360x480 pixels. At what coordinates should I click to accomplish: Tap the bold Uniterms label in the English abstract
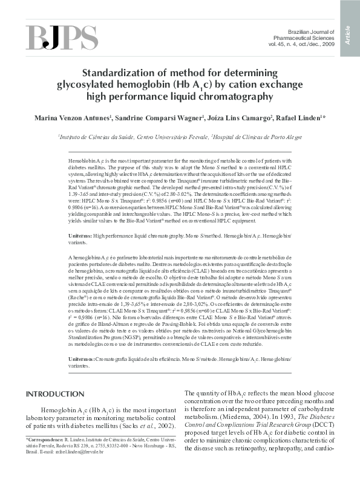click(81, 233)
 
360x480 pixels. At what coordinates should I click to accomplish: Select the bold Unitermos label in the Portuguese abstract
click(82, 359)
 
